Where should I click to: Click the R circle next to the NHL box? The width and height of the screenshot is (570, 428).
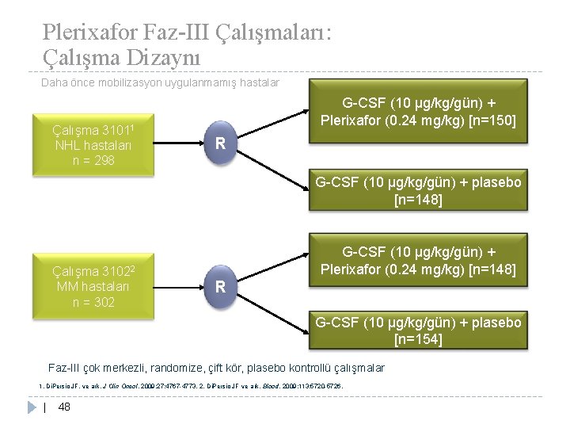click(x=222, y=144)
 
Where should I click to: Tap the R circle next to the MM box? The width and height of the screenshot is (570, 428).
click(x=222, y=285)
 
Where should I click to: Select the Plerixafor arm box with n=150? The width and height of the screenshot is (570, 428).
click(x=419, y=112)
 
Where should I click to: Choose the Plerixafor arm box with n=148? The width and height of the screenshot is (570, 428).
click(x=419, y=262)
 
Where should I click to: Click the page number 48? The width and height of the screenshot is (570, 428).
click(x=65, y=407)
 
